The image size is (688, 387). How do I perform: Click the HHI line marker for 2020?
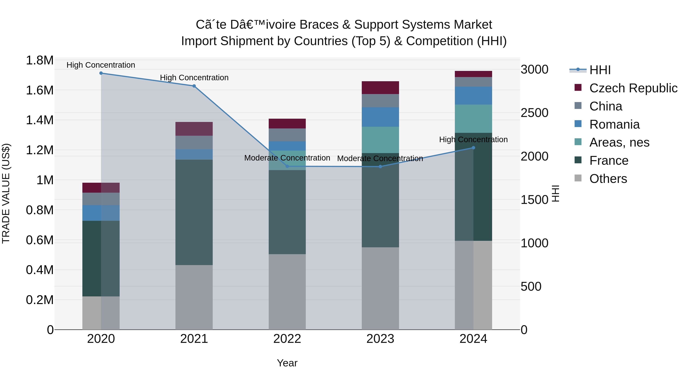[x=101, y=73]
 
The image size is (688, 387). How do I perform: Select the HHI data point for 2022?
[x=287, y=166]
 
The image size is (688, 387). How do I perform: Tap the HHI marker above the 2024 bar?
[x=473, y=148]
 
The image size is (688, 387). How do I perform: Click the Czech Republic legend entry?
[x=633, y=88]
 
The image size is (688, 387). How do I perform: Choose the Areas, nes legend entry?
[x=619, y=142]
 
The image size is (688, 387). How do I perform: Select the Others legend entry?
[x=608, y=179]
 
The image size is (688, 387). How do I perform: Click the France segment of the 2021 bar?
[x=194, y=212]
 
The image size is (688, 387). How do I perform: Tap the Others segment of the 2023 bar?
[x=380, y=288]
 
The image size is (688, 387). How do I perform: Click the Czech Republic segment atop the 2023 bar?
[x=380, y=88]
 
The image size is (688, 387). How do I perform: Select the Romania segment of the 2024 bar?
[x=473, y=96]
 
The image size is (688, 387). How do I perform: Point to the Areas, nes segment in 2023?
[x=380, y=140]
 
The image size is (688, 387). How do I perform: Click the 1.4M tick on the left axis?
[x=40, y=120]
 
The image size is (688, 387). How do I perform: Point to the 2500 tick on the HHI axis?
[x=534, y=113]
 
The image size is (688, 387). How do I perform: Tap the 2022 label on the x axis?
[x=287, y=339]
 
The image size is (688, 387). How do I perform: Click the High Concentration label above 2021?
[x=194, y=78]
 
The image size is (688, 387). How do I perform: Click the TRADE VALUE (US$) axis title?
[x=6, y=193]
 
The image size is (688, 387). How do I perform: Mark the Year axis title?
[x=287, y=363]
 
